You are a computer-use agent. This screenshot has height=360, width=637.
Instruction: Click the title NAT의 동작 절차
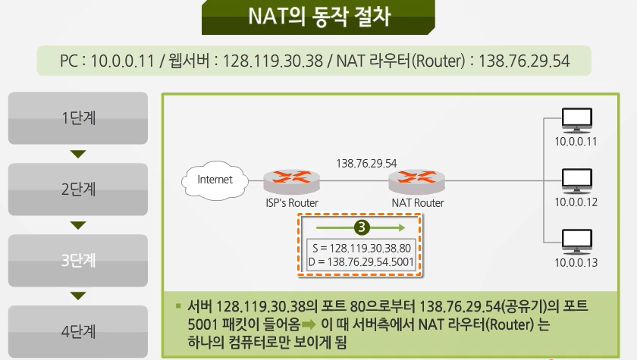pos(318,17)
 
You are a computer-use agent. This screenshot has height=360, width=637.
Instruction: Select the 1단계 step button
pos(78,118)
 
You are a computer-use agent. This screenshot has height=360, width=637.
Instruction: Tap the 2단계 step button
pos(78,189)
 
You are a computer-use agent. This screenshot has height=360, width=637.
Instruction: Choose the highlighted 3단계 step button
pos(78,261)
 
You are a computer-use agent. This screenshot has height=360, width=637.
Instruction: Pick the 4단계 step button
pos(78,331)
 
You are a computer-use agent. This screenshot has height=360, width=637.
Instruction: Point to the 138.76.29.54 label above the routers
pos(366,163)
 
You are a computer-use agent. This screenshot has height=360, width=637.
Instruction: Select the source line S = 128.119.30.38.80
pos(361,248)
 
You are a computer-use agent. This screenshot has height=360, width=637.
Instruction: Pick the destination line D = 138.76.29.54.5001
pos(361,261)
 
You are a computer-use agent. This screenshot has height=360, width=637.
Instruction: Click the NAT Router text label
pos(418,203)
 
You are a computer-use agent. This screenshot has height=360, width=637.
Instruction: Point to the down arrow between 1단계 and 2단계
pos(78,154)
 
